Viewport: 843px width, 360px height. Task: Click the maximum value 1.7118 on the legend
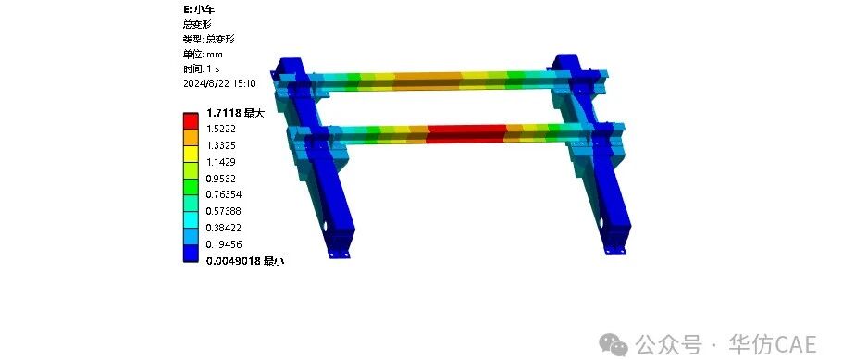(x=223, y=113)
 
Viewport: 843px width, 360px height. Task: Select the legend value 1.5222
(x=221, y=129)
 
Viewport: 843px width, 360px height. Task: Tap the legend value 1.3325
(x=221, y=145)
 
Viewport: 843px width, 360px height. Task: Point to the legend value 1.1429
(x=221, y=162)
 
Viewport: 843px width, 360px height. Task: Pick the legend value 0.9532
(x=221, y=179)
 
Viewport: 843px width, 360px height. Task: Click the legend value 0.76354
(x=224, y=194)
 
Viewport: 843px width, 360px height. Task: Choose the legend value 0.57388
(x=224, y=211)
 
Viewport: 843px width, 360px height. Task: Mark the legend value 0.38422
(x=224, y=228)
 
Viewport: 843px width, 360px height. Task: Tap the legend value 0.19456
(x=224, y=244)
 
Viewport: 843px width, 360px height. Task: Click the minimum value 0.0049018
(x=234, y=261)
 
